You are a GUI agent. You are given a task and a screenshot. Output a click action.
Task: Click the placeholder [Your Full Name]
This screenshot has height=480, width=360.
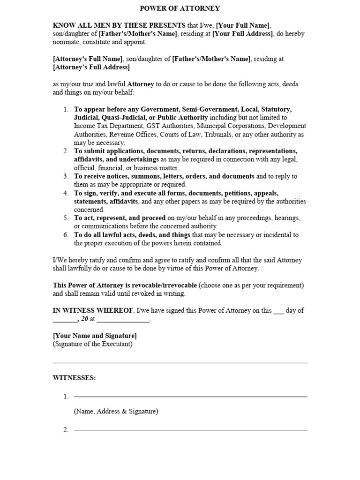pos(243,25)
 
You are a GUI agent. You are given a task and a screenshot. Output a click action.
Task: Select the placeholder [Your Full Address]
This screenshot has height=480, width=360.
pos(242,34)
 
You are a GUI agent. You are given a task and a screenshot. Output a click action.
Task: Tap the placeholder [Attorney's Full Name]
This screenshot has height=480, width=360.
pos(88,59)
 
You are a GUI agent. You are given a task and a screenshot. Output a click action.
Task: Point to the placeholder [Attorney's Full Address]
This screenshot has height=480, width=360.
pos(91,67)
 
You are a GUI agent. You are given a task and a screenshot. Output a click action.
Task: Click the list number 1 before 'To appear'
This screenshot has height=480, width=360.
pos(66,109)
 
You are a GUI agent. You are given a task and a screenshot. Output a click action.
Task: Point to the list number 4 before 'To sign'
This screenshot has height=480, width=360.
pos(66,193)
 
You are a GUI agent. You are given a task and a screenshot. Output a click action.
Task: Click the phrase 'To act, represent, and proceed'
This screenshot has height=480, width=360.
pos(120,218)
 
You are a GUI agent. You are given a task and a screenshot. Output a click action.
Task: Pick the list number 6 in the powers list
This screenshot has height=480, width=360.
pos(66,235)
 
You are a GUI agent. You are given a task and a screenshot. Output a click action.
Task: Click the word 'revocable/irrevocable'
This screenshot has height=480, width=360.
pos(164,285)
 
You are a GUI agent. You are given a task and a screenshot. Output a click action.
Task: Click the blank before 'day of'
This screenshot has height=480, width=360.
pos(278,311)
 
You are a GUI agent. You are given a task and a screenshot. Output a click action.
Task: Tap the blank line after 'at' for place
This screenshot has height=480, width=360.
pos(123,320)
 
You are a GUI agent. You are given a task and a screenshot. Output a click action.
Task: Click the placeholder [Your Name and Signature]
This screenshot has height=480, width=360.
pos(95,336)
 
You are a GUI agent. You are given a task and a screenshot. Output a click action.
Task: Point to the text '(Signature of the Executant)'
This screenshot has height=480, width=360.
pos(93,344)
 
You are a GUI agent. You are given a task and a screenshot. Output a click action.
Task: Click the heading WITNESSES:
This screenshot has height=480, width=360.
pos(74,378)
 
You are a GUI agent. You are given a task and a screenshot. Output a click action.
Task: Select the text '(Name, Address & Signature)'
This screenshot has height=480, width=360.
pos(116,412)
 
